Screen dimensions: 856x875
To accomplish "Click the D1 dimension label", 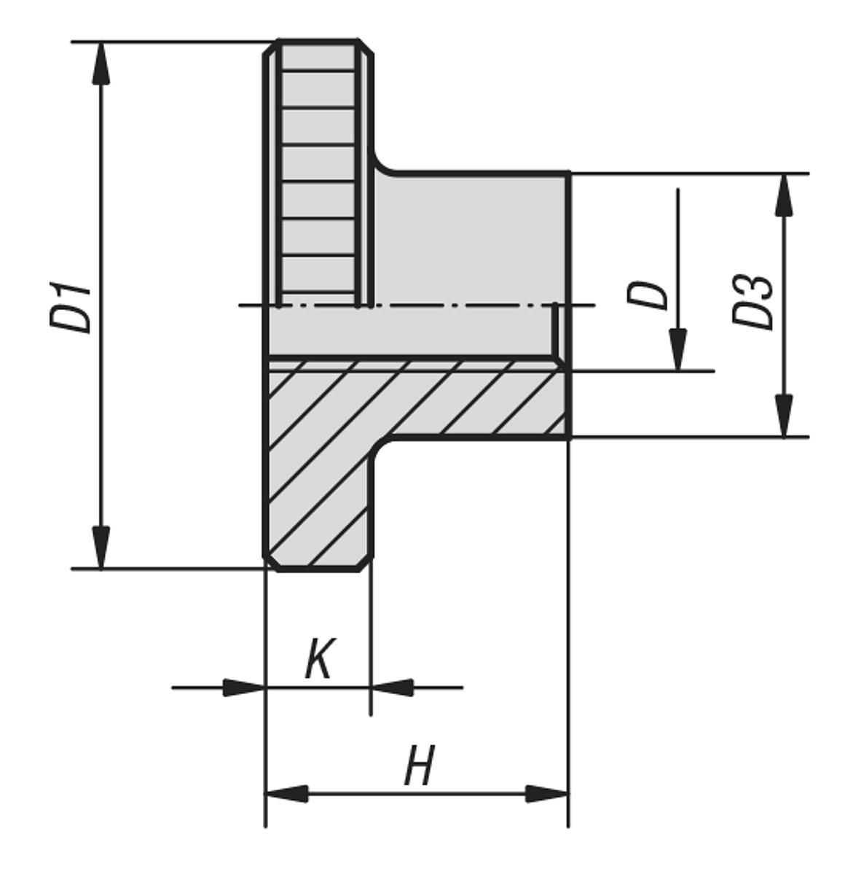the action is coord(71,308).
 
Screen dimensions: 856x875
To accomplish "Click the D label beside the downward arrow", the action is coord(647,295).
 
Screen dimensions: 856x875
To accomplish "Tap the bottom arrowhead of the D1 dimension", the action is coord(101,547).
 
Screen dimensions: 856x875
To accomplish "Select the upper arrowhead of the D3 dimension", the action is coord(784,195).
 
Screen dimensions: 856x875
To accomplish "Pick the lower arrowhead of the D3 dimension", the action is coord(784,416).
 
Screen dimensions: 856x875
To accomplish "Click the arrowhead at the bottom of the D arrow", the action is coord(678,350).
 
